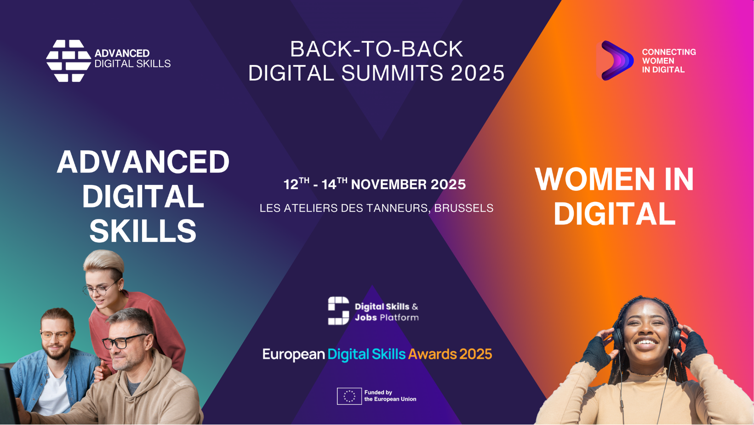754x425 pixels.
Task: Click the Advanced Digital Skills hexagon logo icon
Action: click(x=69, y=61)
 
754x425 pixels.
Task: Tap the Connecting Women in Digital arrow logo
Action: click(x=616, y=61)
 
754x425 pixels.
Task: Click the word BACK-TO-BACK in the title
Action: click(x=377, y=49)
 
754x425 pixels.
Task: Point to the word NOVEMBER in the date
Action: click(x=389, y=184)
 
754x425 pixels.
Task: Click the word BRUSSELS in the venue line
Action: click(x=464, y=208)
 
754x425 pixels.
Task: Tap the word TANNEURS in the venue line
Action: click(x=398, y=208)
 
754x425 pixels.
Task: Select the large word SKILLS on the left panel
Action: click(x=143, y=231)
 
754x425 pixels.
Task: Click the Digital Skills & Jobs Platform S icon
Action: click(x=339, y=311)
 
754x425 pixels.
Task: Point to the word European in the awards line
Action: click(x=293, y=355)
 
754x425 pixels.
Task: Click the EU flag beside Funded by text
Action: click(x=349, y=396)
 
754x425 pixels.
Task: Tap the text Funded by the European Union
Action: click(x=390, y=396)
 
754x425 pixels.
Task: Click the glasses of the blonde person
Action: click(x=101, y=289)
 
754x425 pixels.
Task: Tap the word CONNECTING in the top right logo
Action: click(x=669, y=52)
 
